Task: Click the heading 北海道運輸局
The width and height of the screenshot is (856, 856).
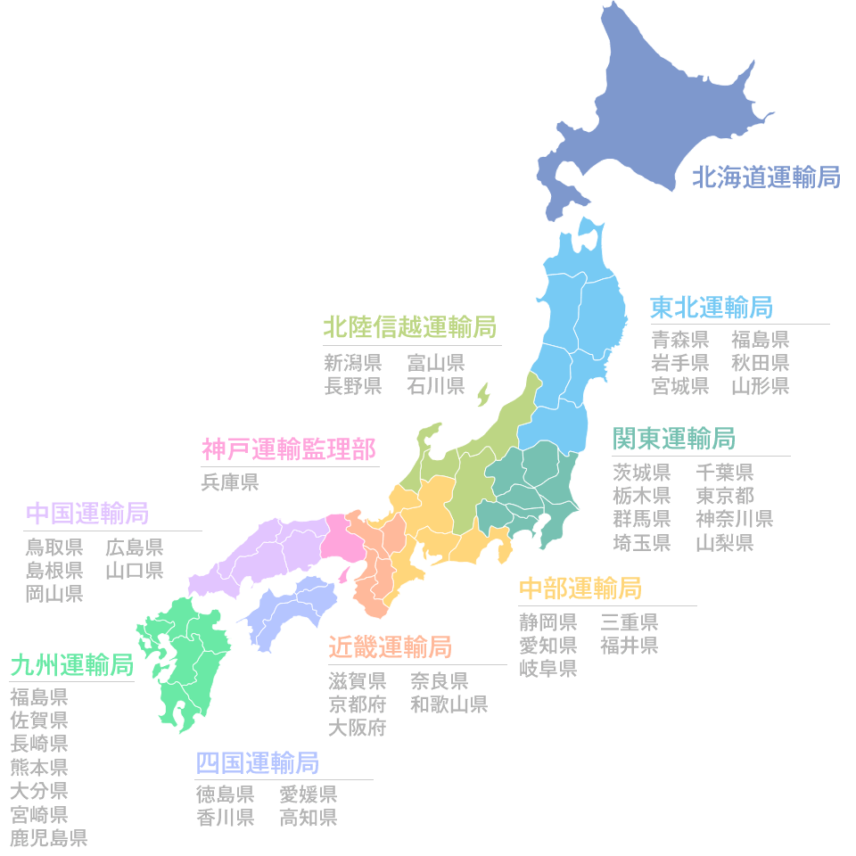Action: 766,177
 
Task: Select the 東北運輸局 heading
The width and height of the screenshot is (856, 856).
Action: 711,308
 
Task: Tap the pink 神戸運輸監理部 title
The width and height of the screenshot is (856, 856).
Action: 288,449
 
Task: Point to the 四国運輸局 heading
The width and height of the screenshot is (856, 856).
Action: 257,763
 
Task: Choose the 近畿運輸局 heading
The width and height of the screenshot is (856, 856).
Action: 390,646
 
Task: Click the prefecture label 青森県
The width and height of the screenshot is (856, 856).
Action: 680,339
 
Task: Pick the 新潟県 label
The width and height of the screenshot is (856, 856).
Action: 353,362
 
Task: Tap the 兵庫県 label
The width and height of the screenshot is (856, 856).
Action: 230,482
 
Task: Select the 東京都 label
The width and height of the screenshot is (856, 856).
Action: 725,495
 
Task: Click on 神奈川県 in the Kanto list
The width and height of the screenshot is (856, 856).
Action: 734,518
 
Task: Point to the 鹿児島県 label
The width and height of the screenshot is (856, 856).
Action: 49,837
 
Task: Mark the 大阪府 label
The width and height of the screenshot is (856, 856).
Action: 357,728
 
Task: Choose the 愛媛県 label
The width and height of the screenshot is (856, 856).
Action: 309,794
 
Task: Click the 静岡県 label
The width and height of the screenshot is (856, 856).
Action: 548,621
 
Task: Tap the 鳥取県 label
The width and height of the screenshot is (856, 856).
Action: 54,547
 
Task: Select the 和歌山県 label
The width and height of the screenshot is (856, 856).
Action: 449,704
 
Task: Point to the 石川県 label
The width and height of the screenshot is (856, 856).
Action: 436,385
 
